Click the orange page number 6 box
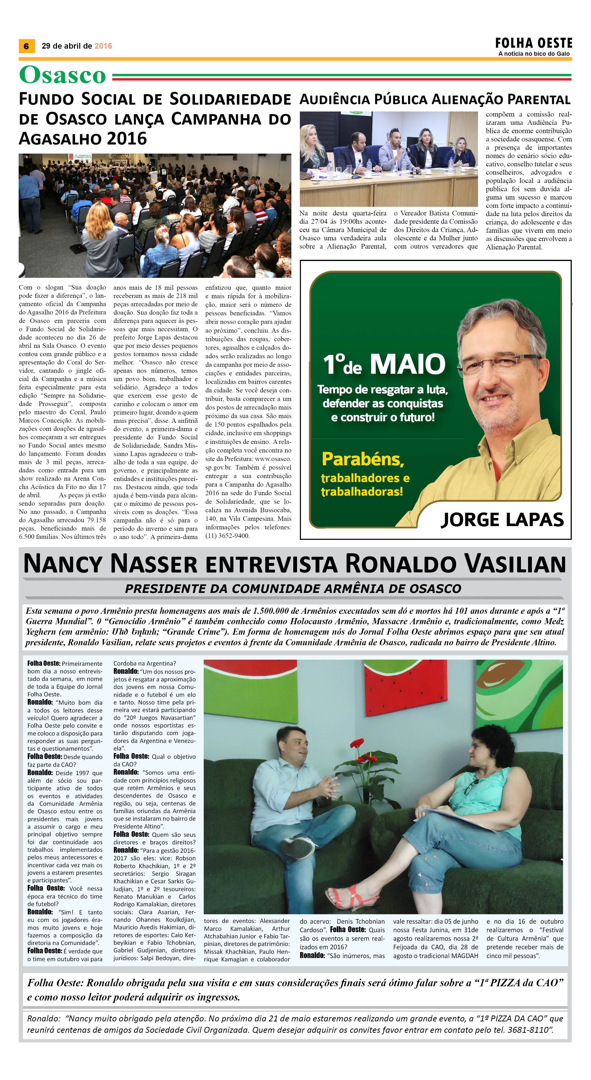(x=26, y=46)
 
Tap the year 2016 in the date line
(x=103, y=46)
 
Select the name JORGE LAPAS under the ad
(x=502, y=520)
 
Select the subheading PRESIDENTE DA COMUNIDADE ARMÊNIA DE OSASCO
(x=293, y=589)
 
